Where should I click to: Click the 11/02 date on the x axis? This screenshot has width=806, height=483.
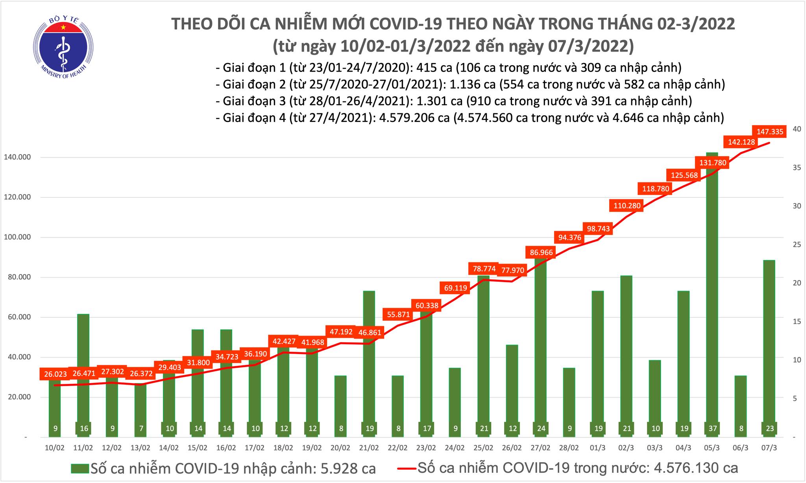[x=83, y=448]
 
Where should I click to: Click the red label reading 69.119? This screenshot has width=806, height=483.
[x=455, y=288]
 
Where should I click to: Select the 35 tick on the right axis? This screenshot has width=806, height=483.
[x=792, y=168]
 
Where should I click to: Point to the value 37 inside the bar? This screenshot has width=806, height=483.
[x=712, y=429]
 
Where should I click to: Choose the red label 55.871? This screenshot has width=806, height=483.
[x=398, y=315]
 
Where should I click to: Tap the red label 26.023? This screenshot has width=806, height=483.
[x=55, y=374]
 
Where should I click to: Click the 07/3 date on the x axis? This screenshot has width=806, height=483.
[x=769, y=448]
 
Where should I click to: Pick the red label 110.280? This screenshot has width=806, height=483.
[x=627, y=205]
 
